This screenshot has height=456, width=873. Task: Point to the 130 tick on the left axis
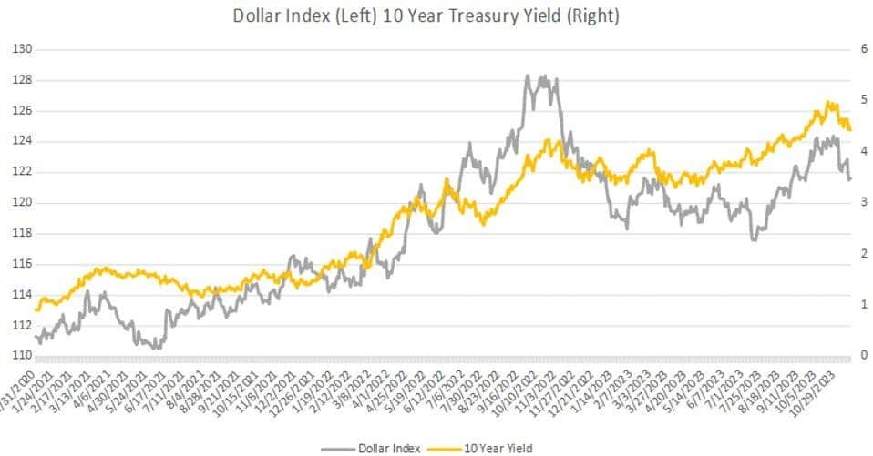tap(22, 49)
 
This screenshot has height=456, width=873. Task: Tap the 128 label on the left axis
tap(22, 80)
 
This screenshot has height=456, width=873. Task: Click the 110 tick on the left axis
tap(22, 356)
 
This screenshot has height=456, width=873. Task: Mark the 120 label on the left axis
tap(22, 203)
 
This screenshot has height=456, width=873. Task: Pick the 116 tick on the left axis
tap(22, 264)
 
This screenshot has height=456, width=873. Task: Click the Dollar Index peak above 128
tap(529, 76)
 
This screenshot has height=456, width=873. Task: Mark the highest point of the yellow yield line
tap(827, 102)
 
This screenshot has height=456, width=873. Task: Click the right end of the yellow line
tap(850, 130)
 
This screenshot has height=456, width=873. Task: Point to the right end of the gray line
tap(850, 179)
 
